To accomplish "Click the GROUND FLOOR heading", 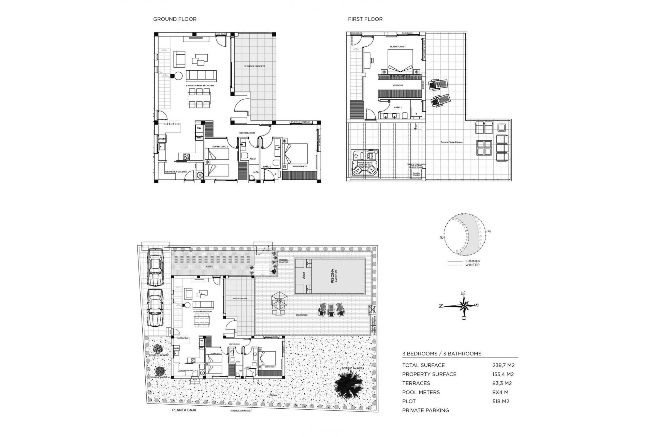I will pos(175,19).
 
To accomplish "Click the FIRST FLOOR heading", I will pos(365,19).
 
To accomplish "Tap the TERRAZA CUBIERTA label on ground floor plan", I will pos(254,66).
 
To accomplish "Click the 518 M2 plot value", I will pos(501,401).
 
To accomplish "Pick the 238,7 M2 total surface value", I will pos(503,365).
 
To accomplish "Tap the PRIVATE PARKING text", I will pos(425,410).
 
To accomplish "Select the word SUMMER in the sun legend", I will pos(472,261).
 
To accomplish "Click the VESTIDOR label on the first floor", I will pos(398,85).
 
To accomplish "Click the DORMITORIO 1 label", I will pos(398,46).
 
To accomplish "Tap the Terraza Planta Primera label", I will pos(451,142).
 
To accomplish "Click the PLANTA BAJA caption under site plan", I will pos(184,410).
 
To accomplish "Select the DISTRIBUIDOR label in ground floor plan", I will pos(247,133).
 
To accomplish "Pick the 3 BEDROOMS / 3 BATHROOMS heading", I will pos(442,354).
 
